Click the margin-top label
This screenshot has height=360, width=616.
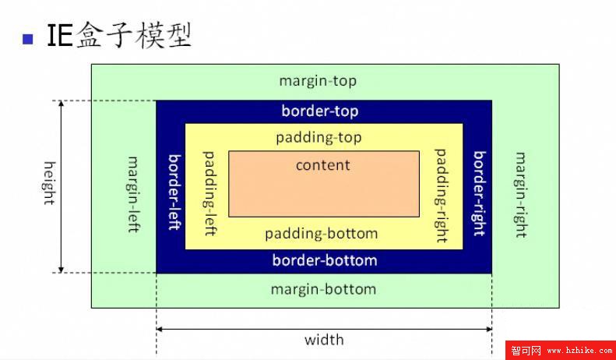click(x=318, y=81)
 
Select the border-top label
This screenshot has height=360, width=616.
click(x=320, y=111)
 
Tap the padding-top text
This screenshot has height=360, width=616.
click(x=319, y=137)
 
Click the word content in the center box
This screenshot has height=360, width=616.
click(x=323, y=165)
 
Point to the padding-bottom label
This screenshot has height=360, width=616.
click(x=321, y=233)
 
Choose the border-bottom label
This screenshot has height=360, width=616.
click(x=324, y=260)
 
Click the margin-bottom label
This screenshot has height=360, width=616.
click(x=323, y=289)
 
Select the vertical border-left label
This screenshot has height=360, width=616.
click(x=174, y=192)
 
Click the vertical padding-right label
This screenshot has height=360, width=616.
click(x=441, y=195)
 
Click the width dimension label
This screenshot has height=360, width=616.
click(x=324, y=340)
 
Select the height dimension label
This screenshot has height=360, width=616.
click(x=49, y=183)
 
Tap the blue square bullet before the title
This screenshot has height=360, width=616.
click(x=29, y=38)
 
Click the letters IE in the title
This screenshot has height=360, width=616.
click(x=60, y=36)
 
